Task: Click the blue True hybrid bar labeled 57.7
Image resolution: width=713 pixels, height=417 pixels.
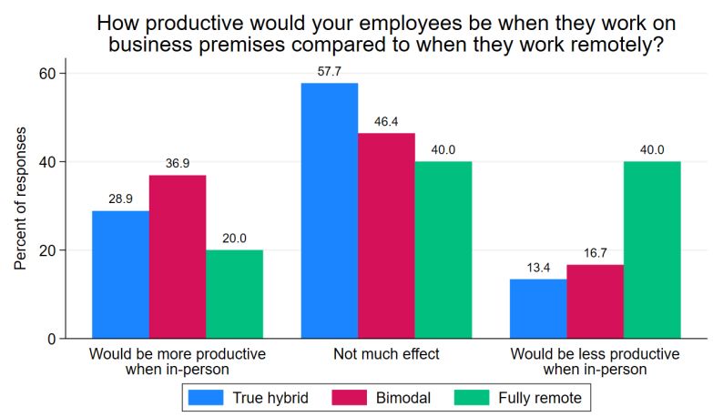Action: (x=329, y=210)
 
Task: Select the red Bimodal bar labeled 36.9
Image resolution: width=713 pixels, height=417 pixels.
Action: (x=177, y=257)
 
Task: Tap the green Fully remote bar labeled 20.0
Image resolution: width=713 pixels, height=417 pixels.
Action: (x=234, y=294)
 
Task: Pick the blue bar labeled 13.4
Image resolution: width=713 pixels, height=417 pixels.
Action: (x=538, y=309)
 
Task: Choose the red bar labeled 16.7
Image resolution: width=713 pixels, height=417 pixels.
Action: (x=595, y=301)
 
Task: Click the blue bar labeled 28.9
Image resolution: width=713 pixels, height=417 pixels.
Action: (x=120, y=274)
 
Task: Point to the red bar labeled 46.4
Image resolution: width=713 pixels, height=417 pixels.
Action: (x=386, y=236)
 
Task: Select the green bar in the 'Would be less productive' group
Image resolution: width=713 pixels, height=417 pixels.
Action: (x=652, y=249)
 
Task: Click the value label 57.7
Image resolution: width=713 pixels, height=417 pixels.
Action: (x=329, y=72)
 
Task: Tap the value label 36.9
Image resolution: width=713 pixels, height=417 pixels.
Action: (x=177, y=164)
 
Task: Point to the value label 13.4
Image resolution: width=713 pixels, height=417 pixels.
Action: (x=538, y=268)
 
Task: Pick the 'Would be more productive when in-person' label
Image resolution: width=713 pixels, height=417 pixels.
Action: (x=177, y=361)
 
